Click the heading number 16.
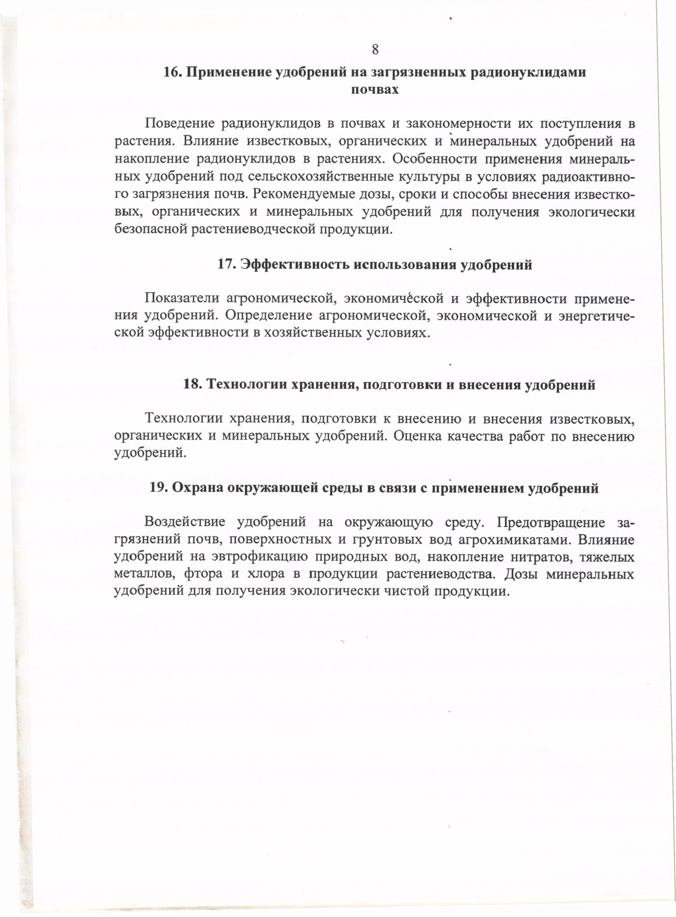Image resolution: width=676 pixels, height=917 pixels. click(x=172, y=73)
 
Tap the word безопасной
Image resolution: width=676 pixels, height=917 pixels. click(x=150, y=229)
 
